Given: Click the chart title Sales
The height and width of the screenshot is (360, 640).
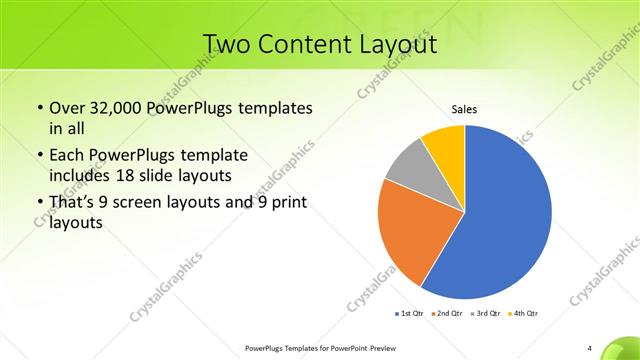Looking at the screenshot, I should point(464,109).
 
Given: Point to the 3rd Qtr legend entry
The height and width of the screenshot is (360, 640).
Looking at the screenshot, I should point(485,314).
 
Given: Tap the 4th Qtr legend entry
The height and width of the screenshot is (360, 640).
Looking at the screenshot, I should point(523,314).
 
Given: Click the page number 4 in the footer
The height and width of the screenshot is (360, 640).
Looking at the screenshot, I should point(590,348).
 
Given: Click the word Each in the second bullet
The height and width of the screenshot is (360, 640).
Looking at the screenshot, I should point(67,155).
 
